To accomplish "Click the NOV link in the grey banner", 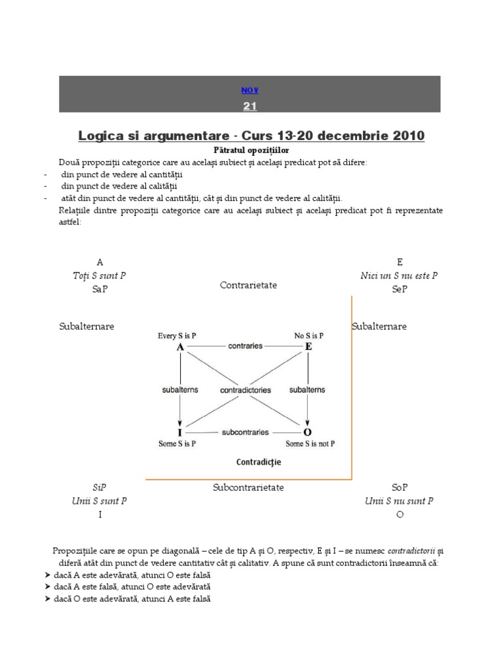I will click(250, 90).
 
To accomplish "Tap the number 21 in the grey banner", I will click(250, 106).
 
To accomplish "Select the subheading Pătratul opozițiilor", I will click(251, 150).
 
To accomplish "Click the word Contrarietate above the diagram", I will click(248, 285).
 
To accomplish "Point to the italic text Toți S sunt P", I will click(100, 275).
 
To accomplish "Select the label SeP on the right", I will click(400, 289).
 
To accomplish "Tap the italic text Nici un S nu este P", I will click(399, 275).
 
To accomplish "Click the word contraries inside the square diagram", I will click(246, 345).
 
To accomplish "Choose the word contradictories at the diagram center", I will click(246, 390).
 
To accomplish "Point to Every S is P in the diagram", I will click(177, 336).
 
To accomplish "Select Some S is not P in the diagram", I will click(310, 444).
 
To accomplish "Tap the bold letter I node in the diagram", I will click(179, 433).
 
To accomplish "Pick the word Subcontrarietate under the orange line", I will click(248, 487).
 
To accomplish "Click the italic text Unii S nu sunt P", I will click(399, 501).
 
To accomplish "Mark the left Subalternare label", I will click(86, 326).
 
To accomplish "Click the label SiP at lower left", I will click(100, 487).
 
